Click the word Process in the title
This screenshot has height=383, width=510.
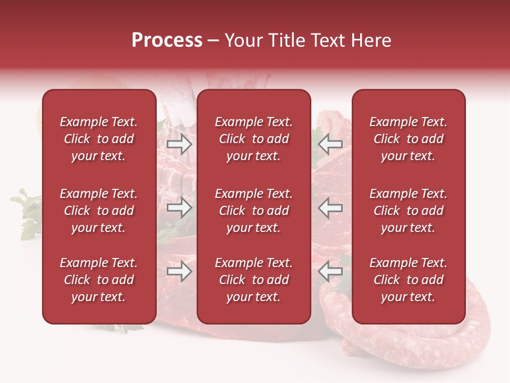coord(167,40)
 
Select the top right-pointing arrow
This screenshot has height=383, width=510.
coord(179,144)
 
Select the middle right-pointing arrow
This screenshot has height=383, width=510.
coord(179,207)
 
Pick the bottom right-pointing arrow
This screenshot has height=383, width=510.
coord(179,272)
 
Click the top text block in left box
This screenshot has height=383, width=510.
coord(99,139)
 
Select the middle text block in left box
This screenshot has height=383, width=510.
coord(99,211)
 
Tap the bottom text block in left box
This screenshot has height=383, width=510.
coord(99,280)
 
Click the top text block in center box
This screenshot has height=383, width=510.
coord(253,139)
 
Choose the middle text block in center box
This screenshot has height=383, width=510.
coord(253,211)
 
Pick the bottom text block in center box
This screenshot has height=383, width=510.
coord(253,280)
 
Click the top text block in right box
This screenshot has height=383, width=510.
coord(408,139)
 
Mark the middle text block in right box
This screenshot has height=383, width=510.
coord(408,211)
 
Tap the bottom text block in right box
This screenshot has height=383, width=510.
coord(408,280)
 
